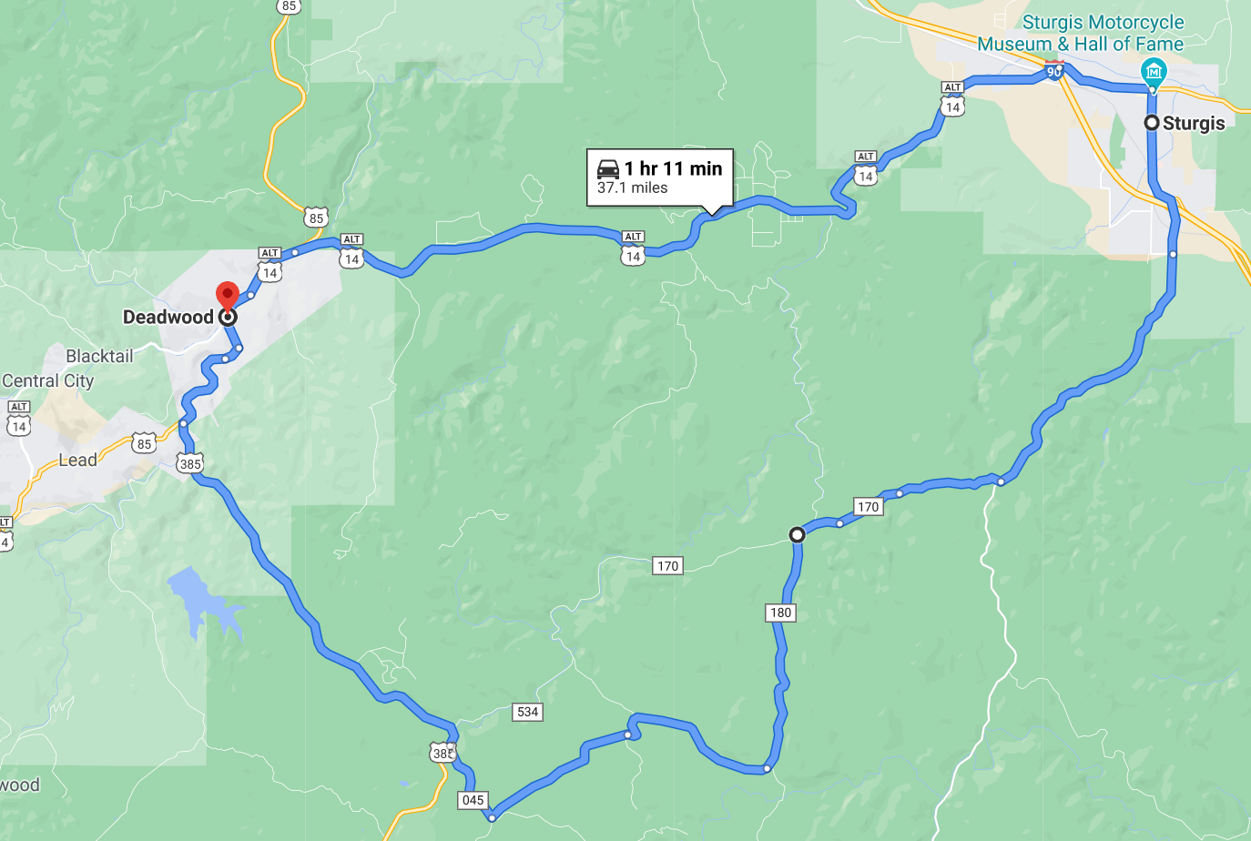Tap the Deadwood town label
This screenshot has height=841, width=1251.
coord(168,317)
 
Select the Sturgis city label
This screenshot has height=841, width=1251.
coord(1194,123)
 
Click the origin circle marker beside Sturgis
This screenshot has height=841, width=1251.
coord(1152,122)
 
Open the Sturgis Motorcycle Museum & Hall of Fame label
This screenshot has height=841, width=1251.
coord(1082,33)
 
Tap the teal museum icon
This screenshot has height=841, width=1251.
coord(1154,71)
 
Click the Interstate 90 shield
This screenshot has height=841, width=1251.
coord(1053,70)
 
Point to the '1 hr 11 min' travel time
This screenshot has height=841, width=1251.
coord(673,168)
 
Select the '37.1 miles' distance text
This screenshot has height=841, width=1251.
coord(633,188)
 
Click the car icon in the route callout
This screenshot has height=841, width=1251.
coord(608,169)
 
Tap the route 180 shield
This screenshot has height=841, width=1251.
coord(780,613)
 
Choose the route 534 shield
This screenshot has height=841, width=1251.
coord(527,712)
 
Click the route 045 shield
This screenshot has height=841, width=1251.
coord(473,800)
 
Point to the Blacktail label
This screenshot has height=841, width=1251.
coord(99,356)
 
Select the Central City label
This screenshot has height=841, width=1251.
coord(48,380)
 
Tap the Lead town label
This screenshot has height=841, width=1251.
coord(77,461)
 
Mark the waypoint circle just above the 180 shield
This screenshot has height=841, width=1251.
coord(797,535)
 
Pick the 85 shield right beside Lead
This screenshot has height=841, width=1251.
coord(144,444)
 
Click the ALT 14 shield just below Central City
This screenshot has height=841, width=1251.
coord(18,420)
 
